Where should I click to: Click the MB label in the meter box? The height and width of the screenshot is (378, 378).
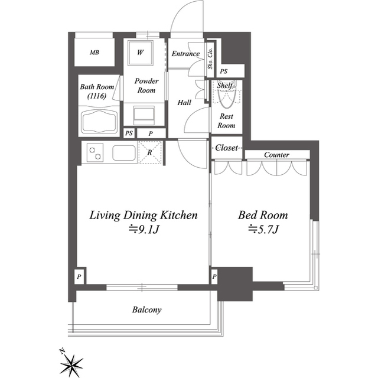94,53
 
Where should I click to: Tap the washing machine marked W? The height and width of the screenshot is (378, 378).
141,53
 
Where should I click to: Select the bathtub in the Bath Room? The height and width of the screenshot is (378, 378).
99,121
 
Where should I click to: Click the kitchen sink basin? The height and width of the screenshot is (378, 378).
124,153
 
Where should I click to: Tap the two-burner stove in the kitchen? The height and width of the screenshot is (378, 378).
95,152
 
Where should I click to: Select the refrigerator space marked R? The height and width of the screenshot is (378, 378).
149,152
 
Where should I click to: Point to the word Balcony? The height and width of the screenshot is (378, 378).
146,309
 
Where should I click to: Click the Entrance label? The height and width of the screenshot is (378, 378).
185,54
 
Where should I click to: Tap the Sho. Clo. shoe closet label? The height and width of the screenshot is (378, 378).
210,58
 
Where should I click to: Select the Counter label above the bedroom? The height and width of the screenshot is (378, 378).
276,155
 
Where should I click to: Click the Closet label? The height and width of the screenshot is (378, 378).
227,148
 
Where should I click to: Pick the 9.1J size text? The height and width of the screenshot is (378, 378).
144,229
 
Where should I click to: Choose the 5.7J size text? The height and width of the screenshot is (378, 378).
263,229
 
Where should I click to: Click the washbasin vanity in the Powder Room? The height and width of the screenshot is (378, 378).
144,116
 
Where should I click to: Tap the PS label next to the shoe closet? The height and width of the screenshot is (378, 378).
223,71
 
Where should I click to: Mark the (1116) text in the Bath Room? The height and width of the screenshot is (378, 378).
97,96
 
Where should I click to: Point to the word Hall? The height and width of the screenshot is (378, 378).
184,103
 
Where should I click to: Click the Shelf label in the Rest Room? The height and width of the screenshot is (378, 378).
225,85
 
